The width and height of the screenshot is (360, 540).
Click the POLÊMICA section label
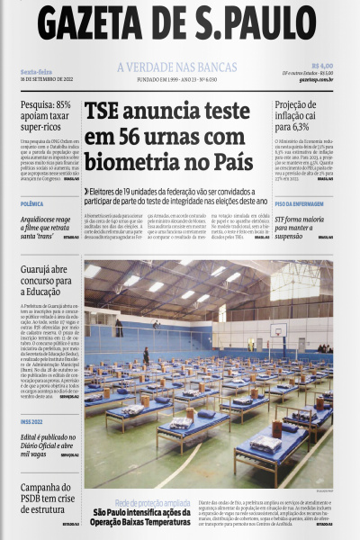point(33,204)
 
